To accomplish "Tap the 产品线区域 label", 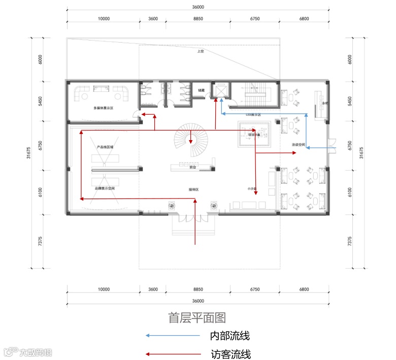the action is coord(105,147).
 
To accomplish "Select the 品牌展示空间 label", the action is coord(105,188).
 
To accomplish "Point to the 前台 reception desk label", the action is coord(192,167).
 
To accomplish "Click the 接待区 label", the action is coord(193,189).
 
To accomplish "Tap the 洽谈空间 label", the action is coord(298,145).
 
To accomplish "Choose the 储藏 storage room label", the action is coord(201,90).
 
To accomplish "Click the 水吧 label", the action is coord(324,104).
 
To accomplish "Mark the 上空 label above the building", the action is coord(200,51).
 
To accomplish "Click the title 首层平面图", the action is coord(197,317).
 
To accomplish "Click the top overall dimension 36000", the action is coord(198,7).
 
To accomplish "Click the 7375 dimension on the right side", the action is coord(349,241).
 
